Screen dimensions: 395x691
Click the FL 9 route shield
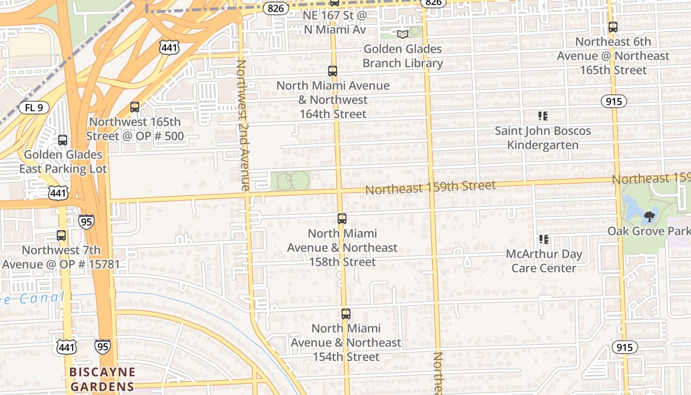[x=34, y=108]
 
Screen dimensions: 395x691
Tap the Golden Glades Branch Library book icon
[x=403, y=34]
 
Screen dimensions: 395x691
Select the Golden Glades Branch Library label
[x=403, y=56]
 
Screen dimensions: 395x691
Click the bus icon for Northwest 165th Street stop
[x=134, y=107]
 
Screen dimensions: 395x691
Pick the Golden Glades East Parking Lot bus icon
[x=63, y=140]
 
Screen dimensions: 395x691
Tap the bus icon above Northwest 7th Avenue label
[x=61, y=236]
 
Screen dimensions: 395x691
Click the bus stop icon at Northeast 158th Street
[x=342, y=219]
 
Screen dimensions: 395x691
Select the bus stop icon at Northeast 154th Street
[x=346, y=314]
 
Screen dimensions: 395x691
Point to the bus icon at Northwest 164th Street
[x=333, y=71]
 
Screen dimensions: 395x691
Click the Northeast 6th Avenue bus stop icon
[x=613, y=28]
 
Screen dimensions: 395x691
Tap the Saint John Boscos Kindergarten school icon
[x=543, y=117]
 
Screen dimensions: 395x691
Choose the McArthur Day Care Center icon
[x=544, y=240]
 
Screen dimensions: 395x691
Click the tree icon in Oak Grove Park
[x=650, y=216]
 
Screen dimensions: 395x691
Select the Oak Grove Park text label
[x=649, y=231]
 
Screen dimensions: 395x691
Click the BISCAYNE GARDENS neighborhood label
[x=102, y=379]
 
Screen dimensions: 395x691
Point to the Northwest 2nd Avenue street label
[x=242, y=125]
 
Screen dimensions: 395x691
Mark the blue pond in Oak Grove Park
[x=633, y=207]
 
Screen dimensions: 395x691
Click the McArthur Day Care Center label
[x=544, y=261]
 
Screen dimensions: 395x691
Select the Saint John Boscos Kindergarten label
[x=543, y=138]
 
